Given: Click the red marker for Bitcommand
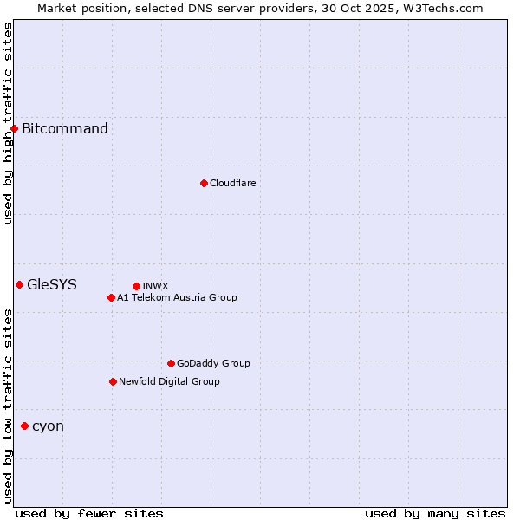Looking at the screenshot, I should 14,129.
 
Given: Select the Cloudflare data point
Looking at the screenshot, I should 204,183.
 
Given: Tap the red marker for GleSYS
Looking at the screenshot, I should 19,284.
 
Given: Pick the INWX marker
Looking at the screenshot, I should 136,286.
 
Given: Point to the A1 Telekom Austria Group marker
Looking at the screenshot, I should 111,297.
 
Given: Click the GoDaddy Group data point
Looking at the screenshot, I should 171,363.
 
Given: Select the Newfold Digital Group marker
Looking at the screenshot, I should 113,381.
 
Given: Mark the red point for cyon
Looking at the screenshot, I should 24,426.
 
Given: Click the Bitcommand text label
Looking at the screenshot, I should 65,129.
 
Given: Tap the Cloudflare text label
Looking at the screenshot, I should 232,183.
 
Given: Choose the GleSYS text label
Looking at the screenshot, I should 52,284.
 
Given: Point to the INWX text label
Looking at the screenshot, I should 155,286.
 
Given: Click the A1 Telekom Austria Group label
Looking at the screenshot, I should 177,297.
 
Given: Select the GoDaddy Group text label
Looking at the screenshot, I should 213,363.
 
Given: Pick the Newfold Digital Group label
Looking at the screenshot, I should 169,381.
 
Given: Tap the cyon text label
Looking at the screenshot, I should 48,426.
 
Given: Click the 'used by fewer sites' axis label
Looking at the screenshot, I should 89,513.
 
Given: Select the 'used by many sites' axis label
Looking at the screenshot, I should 435,513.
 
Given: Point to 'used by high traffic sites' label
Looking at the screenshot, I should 8,123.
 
